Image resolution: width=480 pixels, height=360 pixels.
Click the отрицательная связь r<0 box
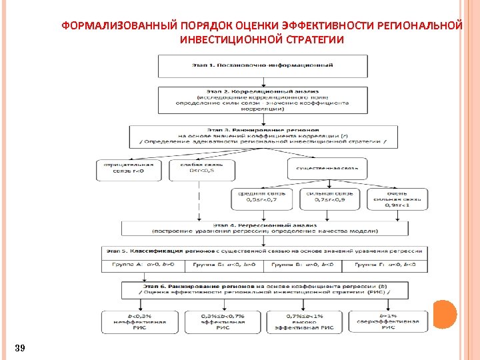129,169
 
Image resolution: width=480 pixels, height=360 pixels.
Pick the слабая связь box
198,169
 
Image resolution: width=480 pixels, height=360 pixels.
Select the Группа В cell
305,265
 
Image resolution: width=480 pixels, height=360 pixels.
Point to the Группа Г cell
387,265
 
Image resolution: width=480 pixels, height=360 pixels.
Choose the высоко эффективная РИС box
305,322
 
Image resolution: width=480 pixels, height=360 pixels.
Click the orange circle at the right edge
445,313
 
